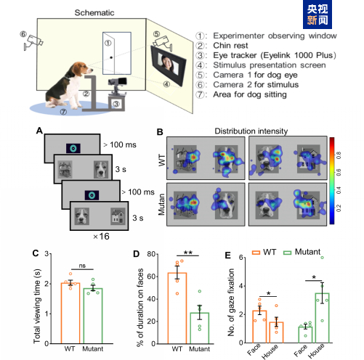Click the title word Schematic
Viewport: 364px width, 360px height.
94,13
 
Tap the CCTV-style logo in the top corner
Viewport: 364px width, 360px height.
318,15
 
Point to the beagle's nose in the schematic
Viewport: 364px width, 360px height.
92,70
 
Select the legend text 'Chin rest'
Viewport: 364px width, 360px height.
230,46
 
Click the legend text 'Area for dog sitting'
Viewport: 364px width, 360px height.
250,94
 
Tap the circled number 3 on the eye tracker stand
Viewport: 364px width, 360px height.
116,104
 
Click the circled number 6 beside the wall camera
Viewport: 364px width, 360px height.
23,34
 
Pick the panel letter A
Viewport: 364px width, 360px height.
39,131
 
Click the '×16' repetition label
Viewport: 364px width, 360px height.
101,237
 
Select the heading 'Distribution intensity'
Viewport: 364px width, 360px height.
251,131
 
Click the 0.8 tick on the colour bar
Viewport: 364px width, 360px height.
339,155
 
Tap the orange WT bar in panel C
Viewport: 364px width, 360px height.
70,313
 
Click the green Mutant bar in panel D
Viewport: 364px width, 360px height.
200,328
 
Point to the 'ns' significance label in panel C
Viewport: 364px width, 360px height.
82,266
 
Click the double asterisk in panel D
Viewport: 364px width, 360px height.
188,253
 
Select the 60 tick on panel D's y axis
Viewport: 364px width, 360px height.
151,277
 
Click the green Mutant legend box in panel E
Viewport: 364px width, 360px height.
288,253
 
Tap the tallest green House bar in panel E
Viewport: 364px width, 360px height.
322,318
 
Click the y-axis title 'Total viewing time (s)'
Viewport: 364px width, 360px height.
37,306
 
